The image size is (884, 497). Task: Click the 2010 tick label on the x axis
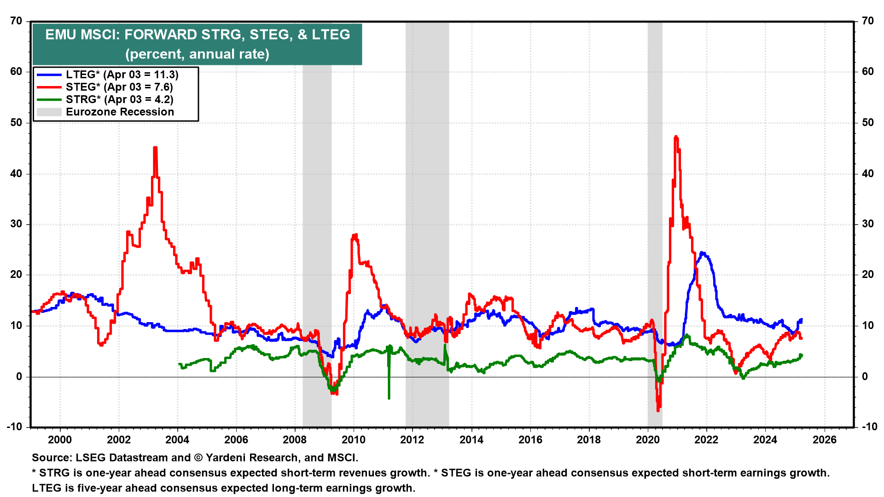[353, 439]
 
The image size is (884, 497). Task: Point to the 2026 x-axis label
[824, 439]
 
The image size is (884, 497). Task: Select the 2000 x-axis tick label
[60, 439]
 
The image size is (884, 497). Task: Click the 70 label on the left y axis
[16, 21]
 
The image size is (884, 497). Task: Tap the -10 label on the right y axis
[868, 427]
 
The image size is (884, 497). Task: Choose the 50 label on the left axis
[16, 122]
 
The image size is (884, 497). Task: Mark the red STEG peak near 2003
[155, 148]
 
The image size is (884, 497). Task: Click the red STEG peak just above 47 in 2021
[675, 137]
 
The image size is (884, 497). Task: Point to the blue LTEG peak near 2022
[702, 253]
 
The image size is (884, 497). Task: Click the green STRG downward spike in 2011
[389, 398]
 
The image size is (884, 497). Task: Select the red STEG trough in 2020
[658, 410]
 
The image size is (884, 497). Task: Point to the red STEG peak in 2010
[355, 235]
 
